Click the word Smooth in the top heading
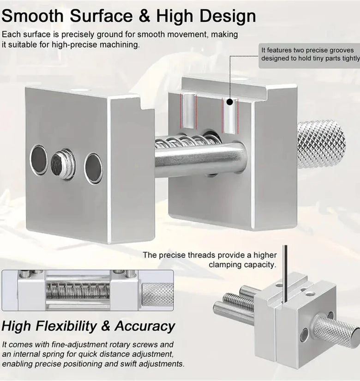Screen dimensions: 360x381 [x=32, y=16]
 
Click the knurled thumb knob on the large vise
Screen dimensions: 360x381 [x=321, y=145]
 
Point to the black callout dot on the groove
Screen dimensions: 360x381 [x=229, y=102]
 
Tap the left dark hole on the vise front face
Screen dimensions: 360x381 [x=39, y=159]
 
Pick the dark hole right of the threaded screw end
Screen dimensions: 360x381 [x=93, y=168]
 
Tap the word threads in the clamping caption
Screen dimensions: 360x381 [x=200, y=255]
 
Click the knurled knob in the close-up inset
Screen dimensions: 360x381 [x=157, y=295]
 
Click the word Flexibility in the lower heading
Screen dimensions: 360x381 [x=66, y=326]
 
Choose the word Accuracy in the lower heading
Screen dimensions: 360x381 [x=145, y=326]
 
